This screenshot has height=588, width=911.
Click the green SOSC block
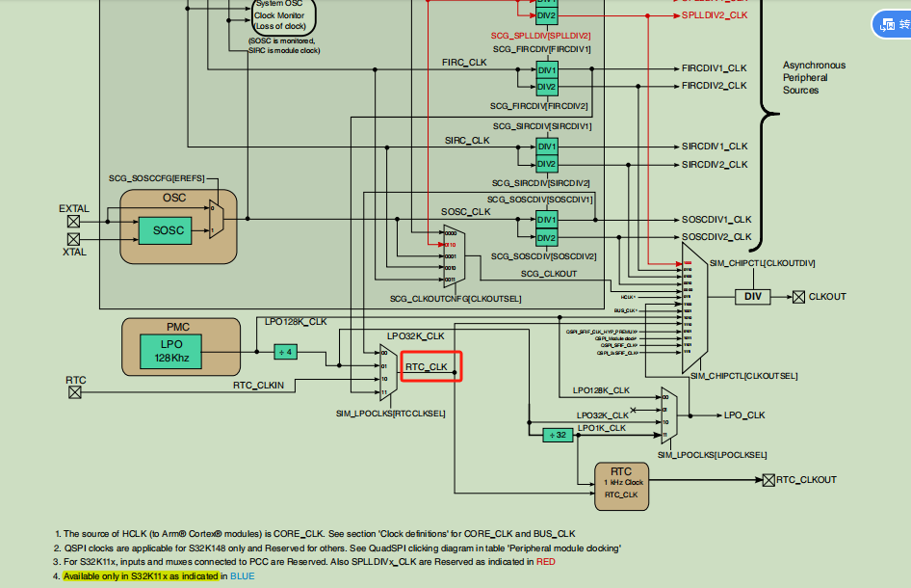click(x=168, y=229)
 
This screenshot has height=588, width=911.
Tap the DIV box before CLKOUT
click(x=752, y=297)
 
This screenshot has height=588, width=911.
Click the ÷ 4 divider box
click(x=286, y=352)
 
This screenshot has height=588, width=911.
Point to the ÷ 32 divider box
click(x=558, y=435)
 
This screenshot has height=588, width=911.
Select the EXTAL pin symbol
click(x=73, y=221)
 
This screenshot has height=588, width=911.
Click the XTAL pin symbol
click(x=73, y=238)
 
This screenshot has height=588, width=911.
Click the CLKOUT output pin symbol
click(x=798, y=297)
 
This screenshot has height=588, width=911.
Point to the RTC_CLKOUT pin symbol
click(x=768, y=479)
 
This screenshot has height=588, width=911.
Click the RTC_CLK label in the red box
click(x=427, y=367)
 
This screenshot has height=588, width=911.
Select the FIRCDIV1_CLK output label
click(x=714, y=68)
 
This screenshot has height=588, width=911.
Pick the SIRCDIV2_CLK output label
click(x=715, y=165)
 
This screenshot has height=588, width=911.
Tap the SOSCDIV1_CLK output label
click(x=716, y=220)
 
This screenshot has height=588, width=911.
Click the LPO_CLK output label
click(x=743, y=415)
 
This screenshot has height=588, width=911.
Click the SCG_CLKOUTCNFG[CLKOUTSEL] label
click(x=455, y=299)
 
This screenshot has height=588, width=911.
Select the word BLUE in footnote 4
click(x=242, y=575)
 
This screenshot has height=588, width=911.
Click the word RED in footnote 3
click(x=546, y=561)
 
